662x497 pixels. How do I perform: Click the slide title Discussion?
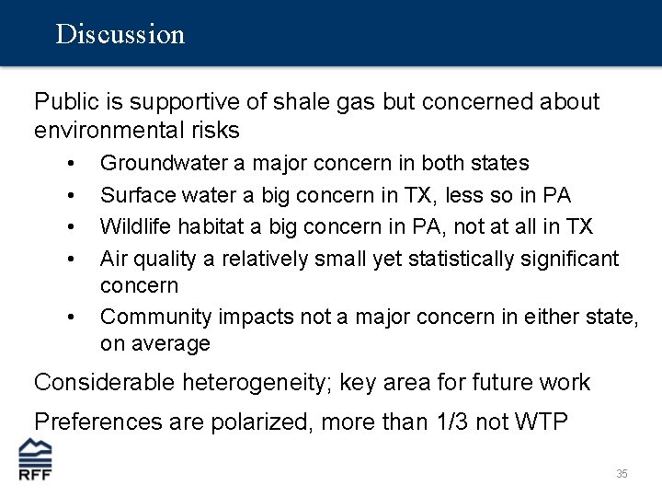coord(120,35)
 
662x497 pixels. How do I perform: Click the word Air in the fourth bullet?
coord(114,259)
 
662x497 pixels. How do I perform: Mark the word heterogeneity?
coord(258,383)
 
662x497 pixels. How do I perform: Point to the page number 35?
coord(622,474)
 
